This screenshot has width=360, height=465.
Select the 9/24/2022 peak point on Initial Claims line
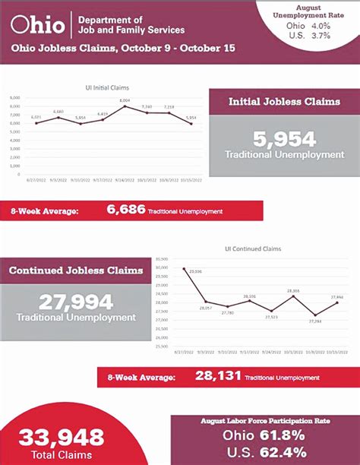(125, 106)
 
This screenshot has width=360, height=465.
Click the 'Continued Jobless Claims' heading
(76, 270)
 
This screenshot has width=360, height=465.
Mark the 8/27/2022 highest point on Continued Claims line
(183, 268)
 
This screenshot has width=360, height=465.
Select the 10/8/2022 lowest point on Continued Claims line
(314, 315)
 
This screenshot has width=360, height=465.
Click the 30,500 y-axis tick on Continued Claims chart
(160, 260)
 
